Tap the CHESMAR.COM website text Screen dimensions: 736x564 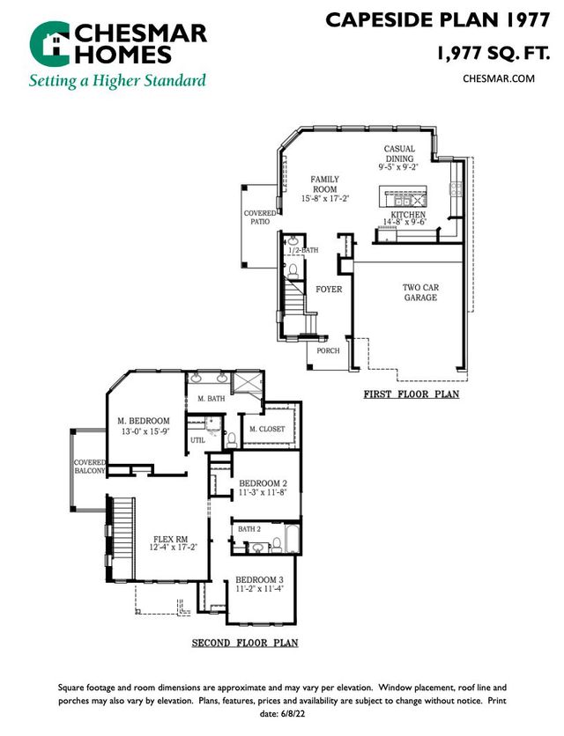point(499,78)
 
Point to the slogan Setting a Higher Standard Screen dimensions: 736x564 point(117,81)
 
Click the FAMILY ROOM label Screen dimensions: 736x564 point(324,184)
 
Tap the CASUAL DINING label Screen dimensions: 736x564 point(398,154)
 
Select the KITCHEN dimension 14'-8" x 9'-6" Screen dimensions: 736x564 point(404,223)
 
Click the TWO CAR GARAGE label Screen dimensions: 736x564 point(419,292)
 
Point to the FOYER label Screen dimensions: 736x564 point(328,289)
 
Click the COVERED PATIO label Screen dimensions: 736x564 point(258,217)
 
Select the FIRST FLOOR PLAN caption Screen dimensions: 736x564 point(411,395)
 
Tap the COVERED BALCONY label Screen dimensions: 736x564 point(90,467)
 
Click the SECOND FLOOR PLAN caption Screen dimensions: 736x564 point(245,644)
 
